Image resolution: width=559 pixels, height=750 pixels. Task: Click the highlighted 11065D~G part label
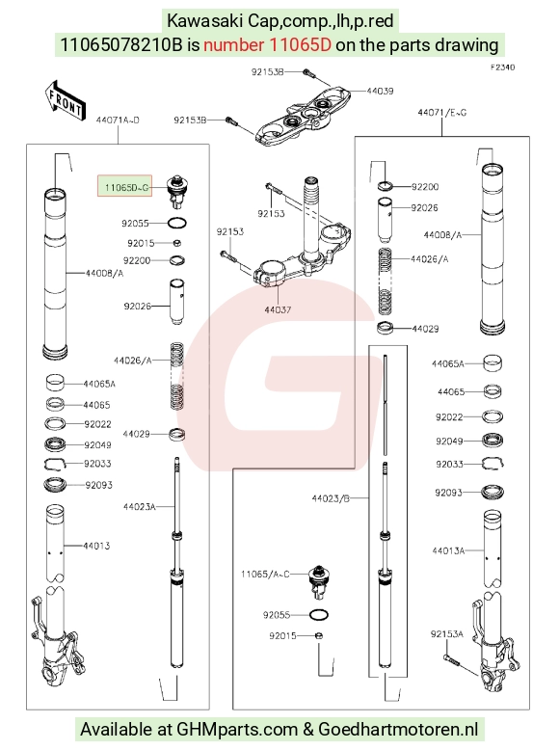tap(124, 186)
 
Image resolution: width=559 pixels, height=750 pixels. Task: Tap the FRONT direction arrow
tap(66, 101)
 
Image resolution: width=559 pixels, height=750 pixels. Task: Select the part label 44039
tap(380, 91)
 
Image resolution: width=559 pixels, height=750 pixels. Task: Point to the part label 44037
tap(278, 310)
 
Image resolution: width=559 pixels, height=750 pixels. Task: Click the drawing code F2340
tap(502, 67)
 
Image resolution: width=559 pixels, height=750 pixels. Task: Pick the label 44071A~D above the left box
tap(118, 121)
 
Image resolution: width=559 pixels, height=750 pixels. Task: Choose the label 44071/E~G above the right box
tap(441, 113)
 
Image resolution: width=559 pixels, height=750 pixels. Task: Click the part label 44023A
tap(140, 506)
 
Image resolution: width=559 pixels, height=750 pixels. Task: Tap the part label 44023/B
tap(331, 498)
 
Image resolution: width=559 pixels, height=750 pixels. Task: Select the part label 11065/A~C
tap(265, 574)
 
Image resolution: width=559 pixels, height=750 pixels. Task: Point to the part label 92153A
tap(447, 634)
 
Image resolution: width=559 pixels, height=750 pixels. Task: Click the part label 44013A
tap(448, 550)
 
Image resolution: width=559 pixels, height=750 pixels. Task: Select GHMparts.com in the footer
tap(237, 730)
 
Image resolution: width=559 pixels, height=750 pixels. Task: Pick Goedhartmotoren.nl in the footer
tap(398, 730)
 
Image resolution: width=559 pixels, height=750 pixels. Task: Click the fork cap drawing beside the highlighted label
tap(177, 191)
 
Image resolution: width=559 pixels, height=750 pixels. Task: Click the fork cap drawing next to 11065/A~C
tap(319, 581)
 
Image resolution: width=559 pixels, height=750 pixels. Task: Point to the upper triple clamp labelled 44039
tap(303, 115)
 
